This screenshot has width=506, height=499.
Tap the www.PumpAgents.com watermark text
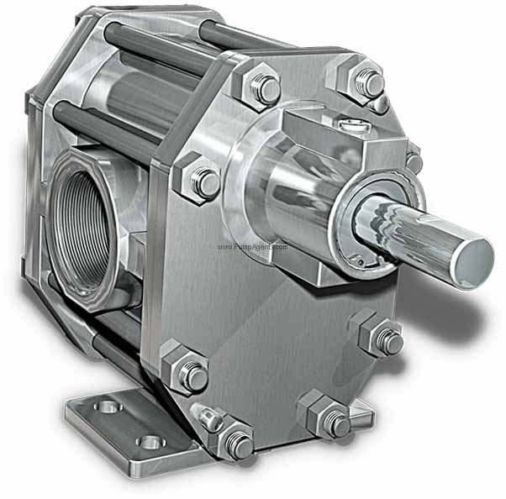coord(253,247)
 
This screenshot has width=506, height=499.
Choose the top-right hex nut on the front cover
coord(366,81)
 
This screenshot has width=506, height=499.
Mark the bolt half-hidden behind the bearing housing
coord(413,160)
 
